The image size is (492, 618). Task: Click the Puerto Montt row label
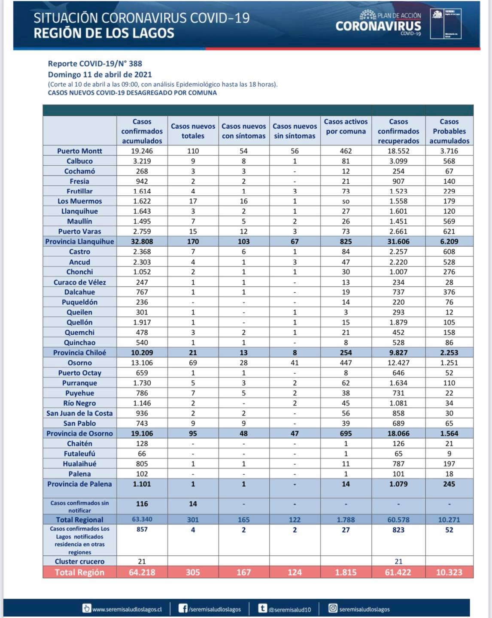pyautogui.click(x=79, y=151)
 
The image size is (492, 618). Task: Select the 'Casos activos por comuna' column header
pyautogui.click(x=346, y=127)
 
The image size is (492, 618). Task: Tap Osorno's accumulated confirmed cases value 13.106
pyautogui.click(x=142, y=363)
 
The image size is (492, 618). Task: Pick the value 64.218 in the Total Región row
pyautogui.click(x=142, y=572)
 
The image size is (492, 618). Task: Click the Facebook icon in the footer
pyautogui.click(x=183, y=609)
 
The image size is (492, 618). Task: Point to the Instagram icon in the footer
pyautogui.click(x=333, y=609)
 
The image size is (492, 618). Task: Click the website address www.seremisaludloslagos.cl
pyautogui.click(x=127, y=609)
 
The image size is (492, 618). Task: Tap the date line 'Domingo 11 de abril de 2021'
pyautogui.click(x=100, y=74)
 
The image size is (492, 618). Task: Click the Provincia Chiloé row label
pyautogui.click(x=79, y=353)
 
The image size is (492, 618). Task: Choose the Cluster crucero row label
pyautogui.click(x=79, y=561)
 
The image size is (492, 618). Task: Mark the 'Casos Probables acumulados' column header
pyautogui.click(x=449, y=131)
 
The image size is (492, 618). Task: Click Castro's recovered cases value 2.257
pyautogui.click(x=398, y=252)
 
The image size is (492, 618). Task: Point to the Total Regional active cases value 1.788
pyautogui.click(x=346, y=520)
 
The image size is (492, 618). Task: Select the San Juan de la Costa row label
pyautogui.click(x=79, y=413)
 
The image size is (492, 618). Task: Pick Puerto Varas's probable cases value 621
pyautogui.click(x=449, y=232)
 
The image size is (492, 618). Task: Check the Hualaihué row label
pyautogui.click(x=79, y=464)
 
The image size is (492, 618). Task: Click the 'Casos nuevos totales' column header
pyautogui.click(x=193, y=131)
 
